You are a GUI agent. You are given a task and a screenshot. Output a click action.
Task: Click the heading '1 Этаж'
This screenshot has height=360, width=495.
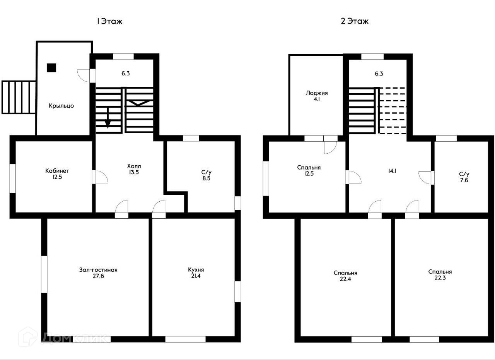click(109, 21)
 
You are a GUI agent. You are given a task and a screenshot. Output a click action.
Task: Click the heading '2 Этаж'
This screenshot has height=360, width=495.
click(355, 21)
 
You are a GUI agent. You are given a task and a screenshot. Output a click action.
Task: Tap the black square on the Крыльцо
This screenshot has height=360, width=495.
click(51, 68)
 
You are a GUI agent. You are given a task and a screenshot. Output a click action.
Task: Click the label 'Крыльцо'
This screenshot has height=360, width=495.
click(61, 106)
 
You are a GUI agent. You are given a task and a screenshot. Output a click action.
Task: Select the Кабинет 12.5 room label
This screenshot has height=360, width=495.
click(57, 174)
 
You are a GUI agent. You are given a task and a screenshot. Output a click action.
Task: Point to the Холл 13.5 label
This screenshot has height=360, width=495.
click(134, 169)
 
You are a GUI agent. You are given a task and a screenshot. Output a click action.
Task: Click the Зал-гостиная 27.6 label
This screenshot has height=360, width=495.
click(98, 273)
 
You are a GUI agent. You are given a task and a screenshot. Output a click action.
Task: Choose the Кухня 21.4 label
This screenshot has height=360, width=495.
click(196, 273)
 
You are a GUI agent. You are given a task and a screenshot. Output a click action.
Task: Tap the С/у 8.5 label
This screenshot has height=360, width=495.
click(207, 175)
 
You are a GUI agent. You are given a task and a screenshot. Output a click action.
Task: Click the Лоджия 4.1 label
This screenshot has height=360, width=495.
click(317, 96)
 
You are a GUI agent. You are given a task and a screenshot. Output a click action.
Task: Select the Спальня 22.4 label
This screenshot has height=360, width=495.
click(345, 276)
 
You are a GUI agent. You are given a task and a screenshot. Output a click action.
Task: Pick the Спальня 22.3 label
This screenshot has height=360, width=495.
click(440, 275)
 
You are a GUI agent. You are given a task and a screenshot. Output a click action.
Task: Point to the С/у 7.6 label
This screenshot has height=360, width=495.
click(464, 177)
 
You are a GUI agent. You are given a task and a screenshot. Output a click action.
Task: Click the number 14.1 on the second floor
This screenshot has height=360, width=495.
click(392, 171)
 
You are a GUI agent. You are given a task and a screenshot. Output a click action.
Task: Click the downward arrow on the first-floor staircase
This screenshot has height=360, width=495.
click(108, 118)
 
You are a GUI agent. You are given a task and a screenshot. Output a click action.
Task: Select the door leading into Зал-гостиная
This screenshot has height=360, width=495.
click(122, 209)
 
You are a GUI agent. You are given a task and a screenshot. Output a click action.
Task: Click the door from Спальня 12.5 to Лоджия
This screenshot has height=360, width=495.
click(331, 145)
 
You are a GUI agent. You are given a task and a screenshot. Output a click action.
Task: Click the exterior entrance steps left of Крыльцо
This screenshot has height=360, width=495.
click(19, 97)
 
